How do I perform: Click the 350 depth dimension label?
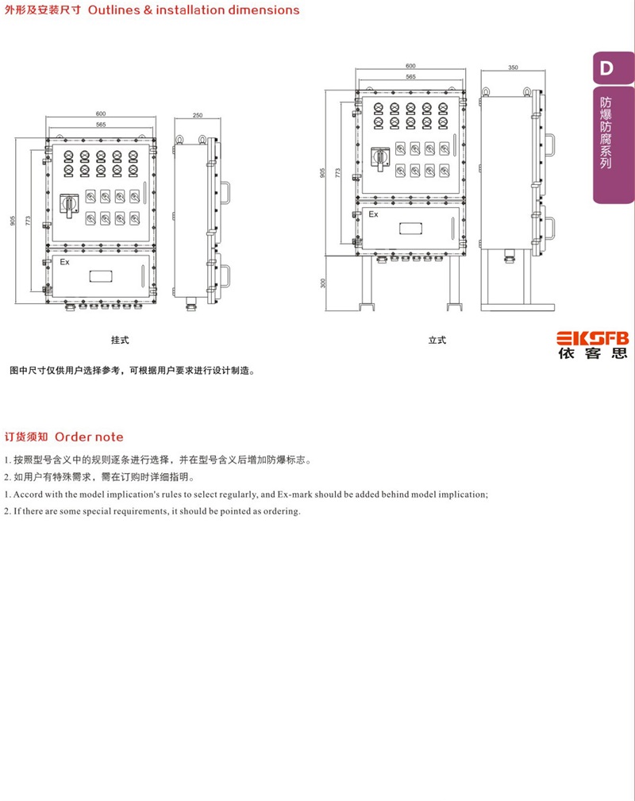tap(513, 67)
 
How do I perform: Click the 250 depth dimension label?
tap(198, 115)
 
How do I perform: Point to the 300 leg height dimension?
tap(322, 283)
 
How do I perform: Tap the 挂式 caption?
tap(120, 341)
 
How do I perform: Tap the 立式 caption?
tap(437, 341)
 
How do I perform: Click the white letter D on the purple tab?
tap(606, 68)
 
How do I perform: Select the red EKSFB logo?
tap(593, 338)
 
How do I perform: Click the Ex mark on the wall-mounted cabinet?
tap(64, 262)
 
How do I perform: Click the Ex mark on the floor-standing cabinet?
tap(373, 214)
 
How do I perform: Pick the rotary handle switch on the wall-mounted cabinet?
tap(69, 205)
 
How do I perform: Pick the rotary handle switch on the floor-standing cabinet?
tap(380, 159)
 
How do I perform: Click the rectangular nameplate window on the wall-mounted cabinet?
tap(101, 276)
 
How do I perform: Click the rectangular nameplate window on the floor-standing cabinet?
tap(410, 228)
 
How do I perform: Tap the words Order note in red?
tap(89, 437)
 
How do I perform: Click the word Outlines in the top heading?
tap(114, 10)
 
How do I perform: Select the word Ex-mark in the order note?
tap(294, 495)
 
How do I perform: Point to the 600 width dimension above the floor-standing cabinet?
tap(410, 66)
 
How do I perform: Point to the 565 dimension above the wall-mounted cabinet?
tap(101, 125)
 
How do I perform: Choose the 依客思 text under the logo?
tap(593, 353)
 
